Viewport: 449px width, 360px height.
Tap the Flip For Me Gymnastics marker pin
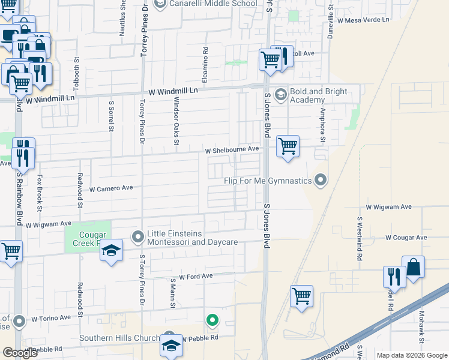click(x=321, y=180)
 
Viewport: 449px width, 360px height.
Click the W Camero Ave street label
click(x=111, y=188)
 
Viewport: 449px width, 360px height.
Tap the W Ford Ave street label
click(x=191, y=276)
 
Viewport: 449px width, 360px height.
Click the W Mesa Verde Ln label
click(x=363, y=20)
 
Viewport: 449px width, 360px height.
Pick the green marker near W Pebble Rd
click(x=211, y=320)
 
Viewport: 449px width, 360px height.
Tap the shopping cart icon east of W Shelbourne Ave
click(x=288, y=146)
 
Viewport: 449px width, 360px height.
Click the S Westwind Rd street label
click(x=360, y=238)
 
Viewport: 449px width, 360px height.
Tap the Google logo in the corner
click(x=20, y=353)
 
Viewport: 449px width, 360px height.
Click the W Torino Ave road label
click(x=52, y=319)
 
